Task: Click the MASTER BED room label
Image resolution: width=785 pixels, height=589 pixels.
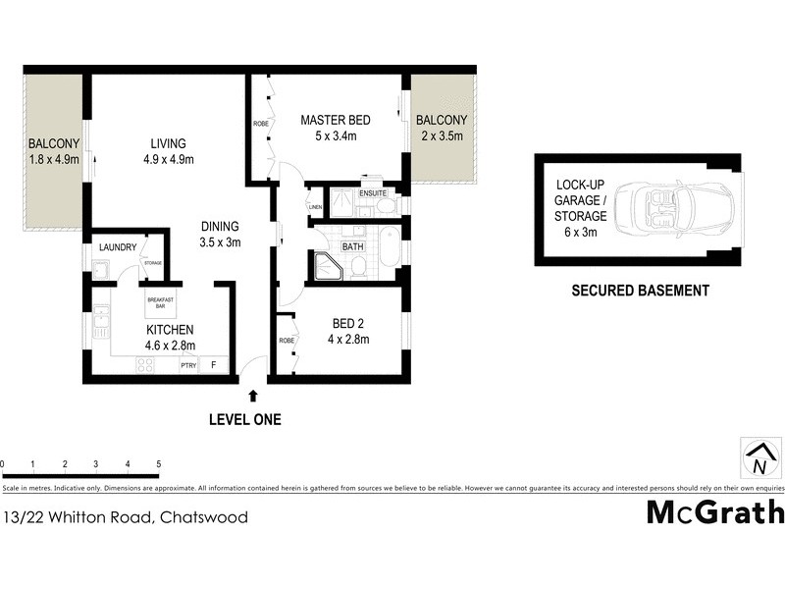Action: coord(335,121)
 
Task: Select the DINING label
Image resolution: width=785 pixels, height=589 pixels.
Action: coord(220,225)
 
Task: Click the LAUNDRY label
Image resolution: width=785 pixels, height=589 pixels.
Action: coord(117,248)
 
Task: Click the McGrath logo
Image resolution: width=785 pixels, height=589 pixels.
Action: coord(715,513)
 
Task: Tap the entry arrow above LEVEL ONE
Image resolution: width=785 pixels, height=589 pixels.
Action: coord(253,396)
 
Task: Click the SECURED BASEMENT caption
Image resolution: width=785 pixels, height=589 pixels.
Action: coord(640,291)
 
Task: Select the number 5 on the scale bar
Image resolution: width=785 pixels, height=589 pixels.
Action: coord(158,463)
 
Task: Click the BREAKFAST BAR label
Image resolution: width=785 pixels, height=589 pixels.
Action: coord(160,301)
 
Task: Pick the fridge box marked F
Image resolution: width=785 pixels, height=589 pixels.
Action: coord(215,365)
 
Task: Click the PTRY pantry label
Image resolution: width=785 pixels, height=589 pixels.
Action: coord(188,366)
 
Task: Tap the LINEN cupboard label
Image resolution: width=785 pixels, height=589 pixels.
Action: coord(315,207)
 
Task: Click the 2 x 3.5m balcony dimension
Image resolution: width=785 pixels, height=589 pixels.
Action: coord(441,137)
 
